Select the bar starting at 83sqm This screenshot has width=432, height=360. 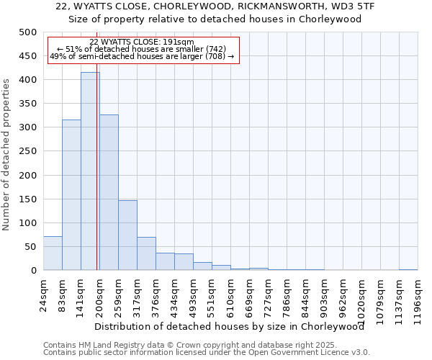click(71, 195)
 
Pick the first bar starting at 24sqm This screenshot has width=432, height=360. click(53, 253)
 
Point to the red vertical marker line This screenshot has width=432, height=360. click(97, 180)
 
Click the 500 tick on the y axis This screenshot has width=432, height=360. click(28, 32)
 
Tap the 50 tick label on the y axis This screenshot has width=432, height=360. click(31, 247)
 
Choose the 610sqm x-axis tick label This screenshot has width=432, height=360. click(231, 294)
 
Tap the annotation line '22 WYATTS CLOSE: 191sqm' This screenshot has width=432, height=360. click(142, 42)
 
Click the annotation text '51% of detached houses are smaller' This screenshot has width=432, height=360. click(142, 49)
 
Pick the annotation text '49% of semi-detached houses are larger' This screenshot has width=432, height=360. click(142, 56)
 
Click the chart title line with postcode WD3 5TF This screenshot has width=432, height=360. click(215, 6)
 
